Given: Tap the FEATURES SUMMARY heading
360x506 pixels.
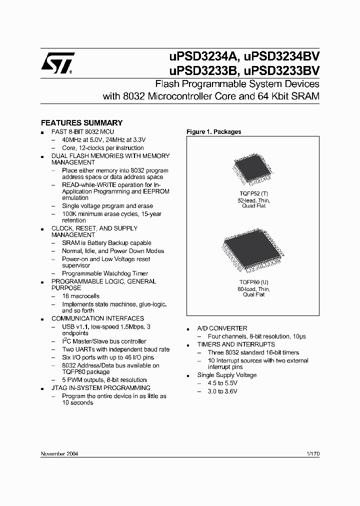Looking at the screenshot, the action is pos(81,122).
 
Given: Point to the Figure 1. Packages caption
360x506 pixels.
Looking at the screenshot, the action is pos(213,132).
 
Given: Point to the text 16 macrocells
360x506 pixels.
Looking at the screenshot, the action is pos(80,296).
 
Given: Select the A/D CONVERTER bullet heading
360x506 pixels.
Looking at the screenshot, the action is pos(222,328).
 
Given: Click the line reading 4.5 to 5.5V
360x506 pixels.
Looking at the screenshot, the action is pos(222,383).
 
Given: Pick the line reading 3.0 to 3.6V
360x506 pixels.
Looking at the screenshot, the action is pos(222,391).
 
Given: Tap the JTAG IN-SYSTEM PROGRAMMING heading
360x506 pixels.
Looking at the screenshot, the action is pos(101,388).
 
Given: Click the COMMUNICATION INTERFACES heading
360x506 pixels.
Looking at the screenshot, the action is pos(97,318).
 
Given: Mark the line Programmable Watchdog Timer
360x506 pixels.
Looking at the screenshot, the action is pos(105,273).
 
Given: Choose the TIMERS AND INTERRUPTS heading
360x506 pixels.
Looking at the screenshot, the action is pos(236,344).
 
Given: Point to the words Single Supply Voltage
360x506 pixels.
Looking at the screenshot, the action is pos(227,375).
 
